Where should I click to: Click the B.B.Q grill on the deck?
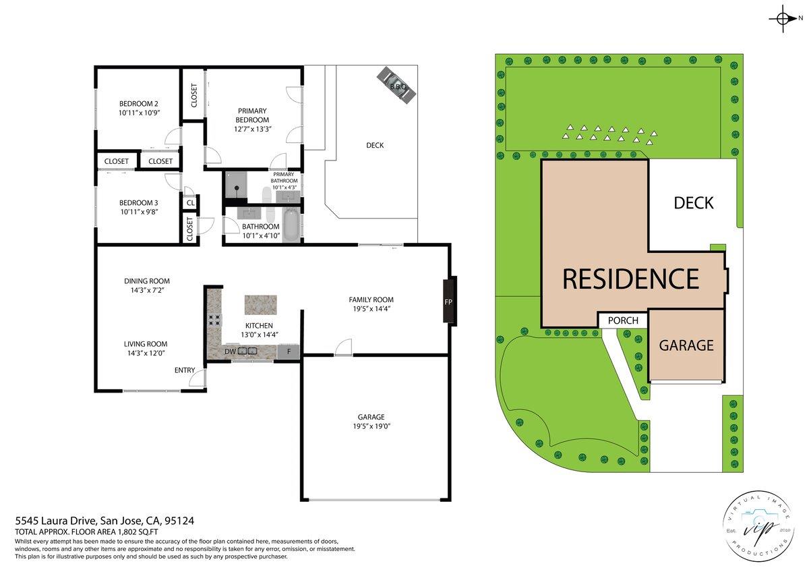[x=398, y=86]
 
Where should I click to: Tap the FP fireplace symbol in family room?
[x=448, y=301]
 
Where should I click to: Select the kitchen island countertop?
[x=260, y=304]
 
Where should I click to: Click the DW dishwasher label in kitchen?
[x=230, y=351]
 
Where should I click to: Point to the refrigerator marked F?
[x=289, y=351]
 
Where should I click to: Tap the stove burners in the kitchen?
[x=215, y=321]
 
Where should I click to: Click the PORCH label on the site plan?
[x=623, y=320]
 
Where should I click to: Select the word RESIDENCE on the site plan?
[x=630, y=279]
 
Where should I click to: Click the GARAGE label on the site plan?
[x=686, y=345]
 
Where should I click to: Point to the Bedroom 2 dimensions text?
[x=139, y=114]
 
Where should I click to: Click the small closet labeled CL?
[x=190, y=202]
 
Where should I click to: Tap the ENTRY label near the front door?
[x=185, y=370]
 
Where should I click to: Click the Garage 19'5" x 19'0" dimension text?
[x=371, y=426]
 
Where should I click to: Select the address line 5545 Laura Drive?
[x=104, y=520]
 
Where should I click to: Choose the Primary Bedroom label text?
[x=251, y=115]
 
